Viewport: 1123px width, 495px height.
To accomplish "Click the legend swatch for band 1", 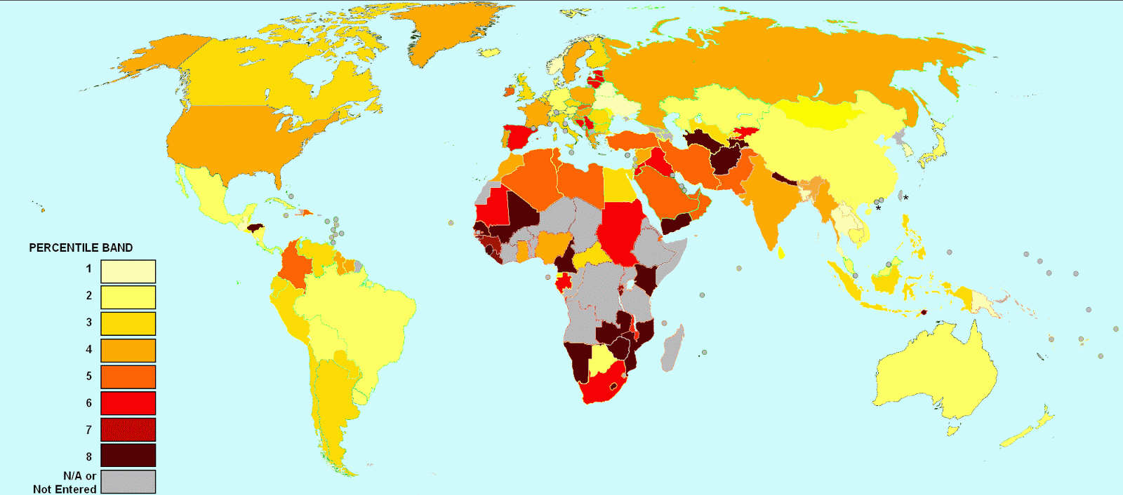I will [128, 271].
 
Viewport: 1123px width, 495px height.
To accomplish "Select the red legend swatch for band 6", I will [128, 403].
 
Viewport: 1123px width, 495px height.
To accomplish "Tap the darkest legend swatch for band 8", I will [128, 456].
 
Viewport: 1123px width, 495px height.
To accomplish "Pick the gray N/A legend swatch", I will [128, 482].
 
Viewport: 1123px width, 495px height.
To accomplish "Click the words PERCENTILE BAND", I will [81, 247].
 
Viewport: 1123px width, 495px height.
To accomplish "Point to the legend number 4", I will [89, 349].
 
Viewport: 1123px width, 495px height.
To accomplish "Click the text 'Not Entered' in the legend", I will [65, 489].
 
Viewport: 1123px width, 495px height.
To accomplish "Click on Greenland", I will [456, 35].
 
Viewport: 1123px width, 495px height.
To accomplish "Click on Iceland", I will [489, 52].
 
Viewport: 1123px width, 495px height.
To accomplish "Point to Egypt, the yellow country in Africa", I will [618, 184].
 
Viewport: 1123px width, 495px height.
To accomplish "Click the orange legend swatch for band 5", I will [128, 377].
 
